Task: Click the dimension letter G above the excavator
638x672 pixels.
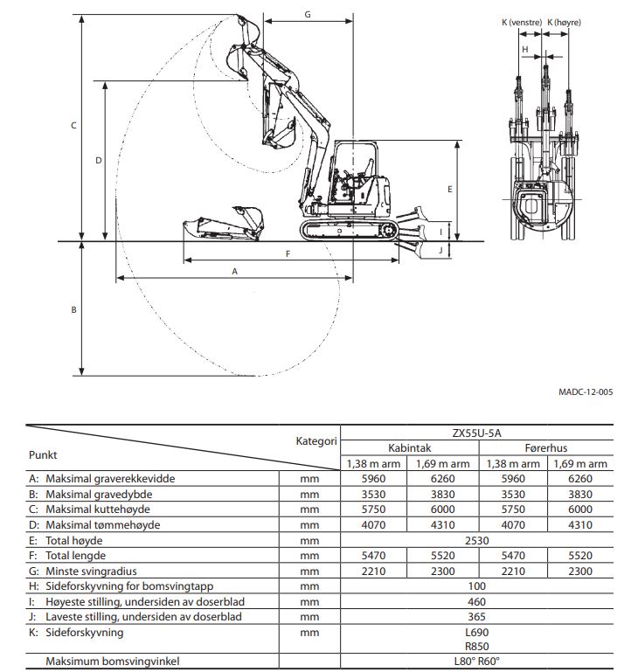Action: coord(308,14)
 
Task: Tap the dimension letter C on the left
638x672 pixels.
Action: coord(73,126)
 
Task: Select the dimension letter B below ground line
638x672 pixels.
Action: coord(73,309)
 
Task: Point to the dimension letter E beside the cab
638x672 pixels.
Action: coord(449,189)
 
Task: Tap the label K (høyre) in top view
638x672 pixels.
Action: coord(564,22)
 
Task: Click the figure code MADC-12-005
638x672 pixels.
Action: coord(585,392)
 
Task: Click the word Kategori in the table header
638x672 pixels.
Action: coord(316,440)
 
